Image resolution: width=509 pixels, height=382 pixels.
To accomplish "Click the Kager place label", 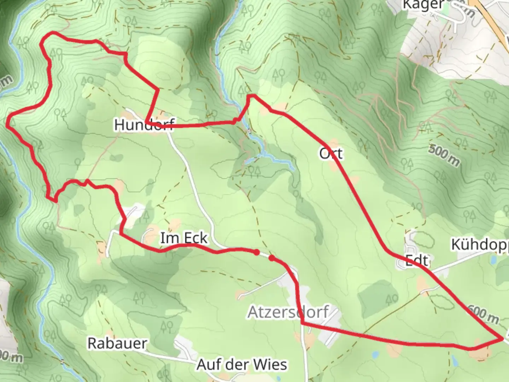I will (423, 5).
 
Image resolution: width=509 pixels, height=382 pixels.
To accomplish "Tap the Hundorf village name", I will (144, 125).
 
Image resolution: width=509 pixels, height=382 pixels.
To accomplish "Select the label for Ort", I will (331, 154).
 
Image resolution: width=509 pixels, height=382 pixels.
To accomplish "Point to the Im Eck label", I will (184, 238).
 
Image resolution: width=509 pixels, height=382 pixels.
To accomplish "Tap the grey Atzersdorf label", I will (288, 312).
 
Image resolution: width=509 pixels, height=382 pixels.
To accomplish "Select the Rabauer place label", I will (117, 343).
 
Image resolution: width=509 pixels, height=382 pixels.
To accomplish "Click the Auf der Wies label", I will (242, 365).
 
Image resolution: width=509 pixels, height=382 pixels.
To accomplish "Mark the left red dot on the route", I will (256, 252).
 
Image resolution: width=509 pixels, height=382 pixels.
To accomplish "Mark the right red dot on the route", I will (271, 258).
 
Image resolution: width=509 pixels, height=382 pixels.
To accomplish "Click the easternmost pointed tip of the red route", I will (502, 339).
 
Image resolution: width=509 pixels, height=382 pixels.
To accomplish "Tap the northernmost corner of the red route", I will (53, 33).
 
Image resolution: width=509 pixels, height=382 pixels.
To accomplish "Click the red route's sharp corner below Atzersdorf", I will (303, 323).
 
